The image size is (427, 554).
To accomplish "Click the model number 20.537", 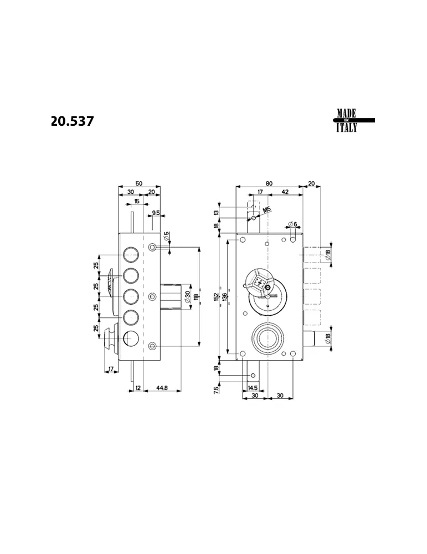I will pos(73,121).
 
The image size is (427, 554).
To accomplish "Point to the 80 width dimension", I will pos(269,183).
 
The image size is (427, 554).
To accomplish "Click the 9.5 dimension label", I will pos(156,213).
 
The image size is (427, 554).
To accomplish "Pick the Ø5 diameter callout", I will pos(166,237).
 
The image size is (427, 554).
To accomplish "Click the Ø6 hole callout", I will pos(292,224).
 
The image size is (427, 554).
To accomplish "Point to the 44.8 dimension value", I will pos(162,388).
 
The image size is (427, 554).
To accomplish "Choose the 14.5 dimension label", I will pos(252,388).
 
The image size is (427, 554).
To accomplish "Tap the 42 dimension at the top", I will pos(284,192).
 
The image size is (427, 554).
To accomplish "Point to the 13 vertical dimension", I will pos(217,212).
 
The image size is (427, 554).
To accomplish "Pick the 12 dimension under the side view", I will pos(137,388).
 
